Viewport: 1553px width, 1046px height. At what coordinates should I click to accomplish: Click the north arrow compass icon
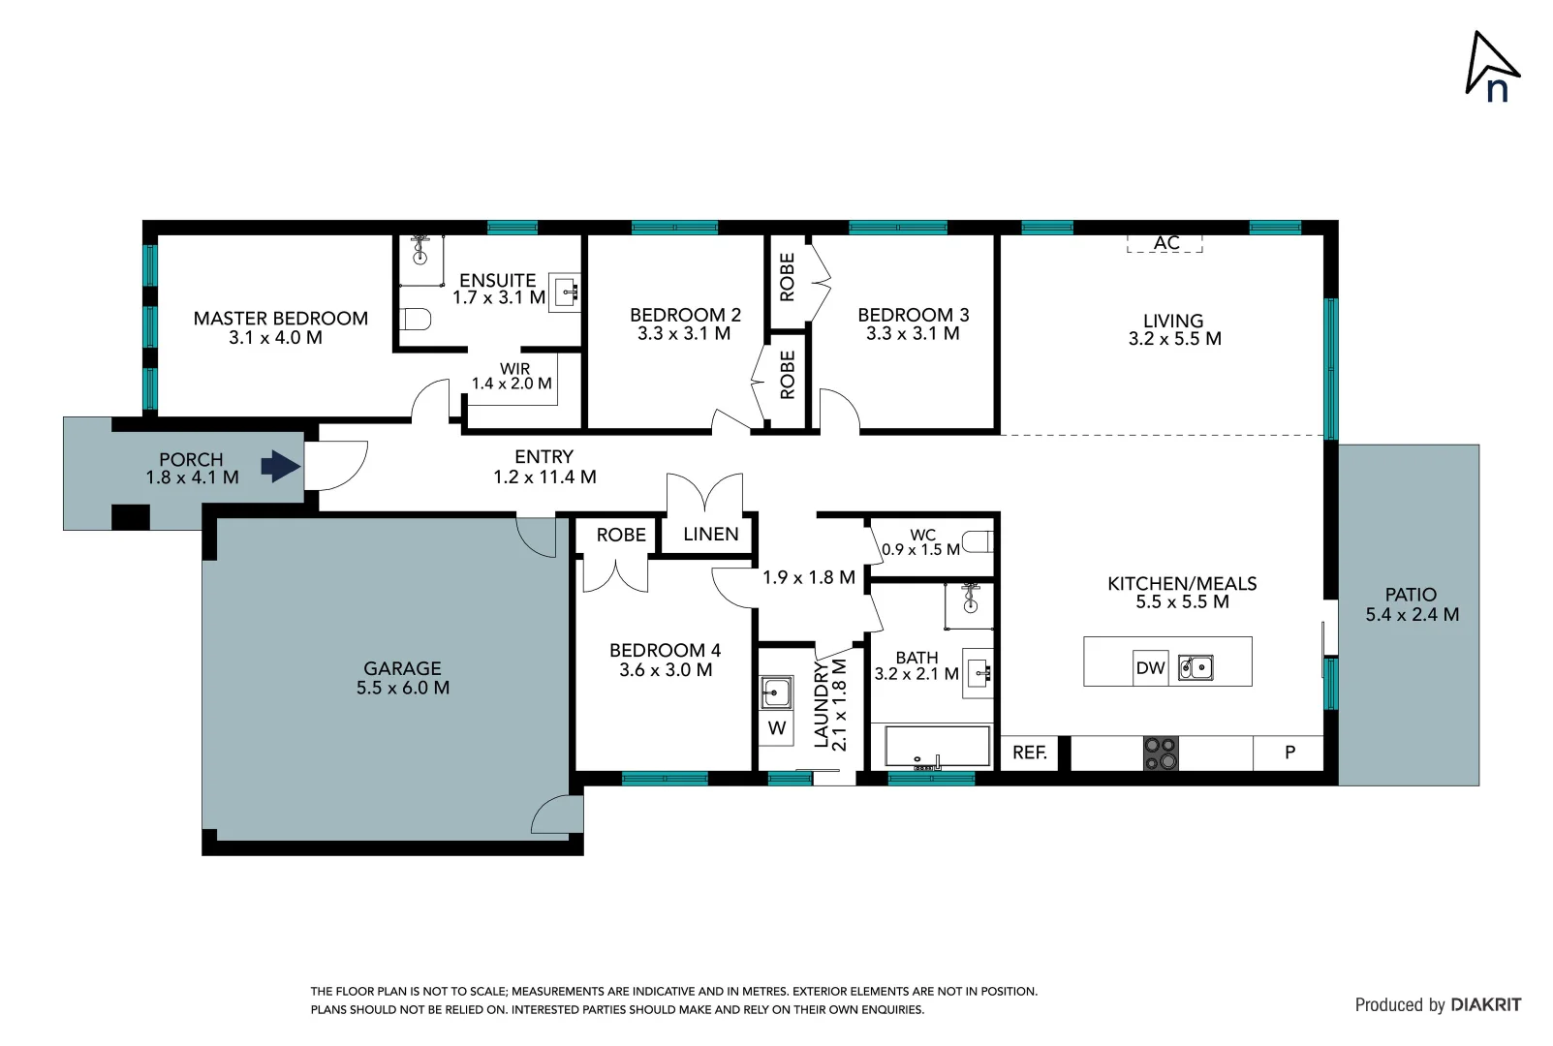click(1492, 67)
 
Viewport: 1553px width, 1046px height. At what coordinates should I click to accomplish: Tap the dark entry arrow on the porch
click(281, 466)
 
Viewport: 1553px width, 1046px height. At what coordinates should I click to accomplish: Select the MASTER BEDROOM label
click(280, 318)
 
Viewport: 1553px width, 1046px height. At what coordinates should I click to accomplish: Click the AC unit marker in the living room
click(1165, 242)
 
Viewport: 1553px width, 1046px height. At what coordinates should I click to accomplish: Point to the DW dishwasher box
click(1150, 667)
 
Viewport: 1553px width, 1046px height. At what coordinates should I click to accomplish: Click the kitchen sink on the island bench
click(1196, 667)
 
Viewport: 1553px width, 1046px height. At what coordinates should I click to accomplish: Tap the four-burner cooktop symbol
click(1161, 754)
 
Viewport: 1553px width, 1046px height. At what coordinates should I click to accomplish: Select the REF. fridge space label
click(1029, 753)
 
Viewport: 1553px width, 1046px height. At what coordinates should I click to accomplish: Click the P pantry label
click(1289, 753)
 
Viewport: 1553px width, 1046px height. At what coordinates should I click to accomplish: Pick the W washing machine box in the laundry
click(776, 728)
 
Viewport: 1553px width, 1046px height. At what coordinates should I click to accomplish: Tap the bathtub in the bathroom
click(937, 748)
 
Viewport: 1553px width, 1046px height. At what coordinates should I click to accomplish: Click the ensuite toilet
click(416, 319)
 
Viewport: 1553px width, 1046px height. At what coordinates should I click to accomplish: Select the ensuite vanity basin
click(566, 291)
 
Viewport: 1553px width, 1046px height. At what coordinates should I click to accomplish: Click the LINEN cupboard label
click(710, 534)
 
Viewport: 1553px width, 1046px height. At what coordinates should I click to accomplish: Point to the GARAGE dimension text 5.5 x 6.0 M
click(402, 688)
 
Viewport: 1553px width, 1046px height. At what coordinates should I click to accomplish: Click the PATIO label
click(1411, 595)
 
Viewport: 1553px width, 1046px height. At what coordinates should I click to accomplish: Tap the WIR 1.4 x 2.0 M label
click(512, 376)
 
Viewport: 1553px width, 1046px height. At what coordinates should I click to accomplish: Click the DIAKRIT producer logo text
click(1485, 1004)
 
